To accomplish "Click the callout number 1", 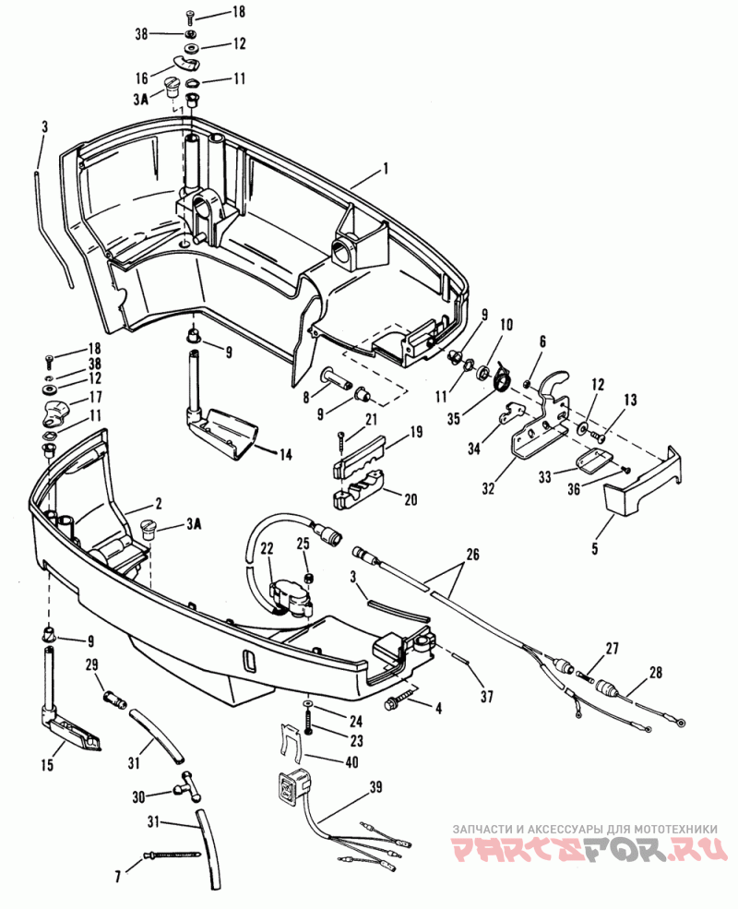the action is coord(386,169).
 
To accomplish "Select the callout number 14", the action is coord(286,454).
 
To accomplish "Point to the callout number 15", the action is coord(47,765).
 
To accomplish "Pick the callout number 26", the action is coord(472,555).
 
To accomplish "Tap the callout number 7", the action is coord(118,877).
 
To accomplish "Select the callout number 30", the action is coord(138,797).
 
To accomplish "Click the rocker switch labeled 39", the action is coord(294,784).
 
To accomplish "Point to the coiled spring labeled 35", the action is coord(502,377).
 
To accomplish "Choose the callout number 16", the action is coord(142,77).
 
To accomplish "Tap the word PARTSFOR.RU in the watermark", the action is coord(589,849).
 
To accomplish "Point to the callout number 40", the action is coord(351,761).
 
